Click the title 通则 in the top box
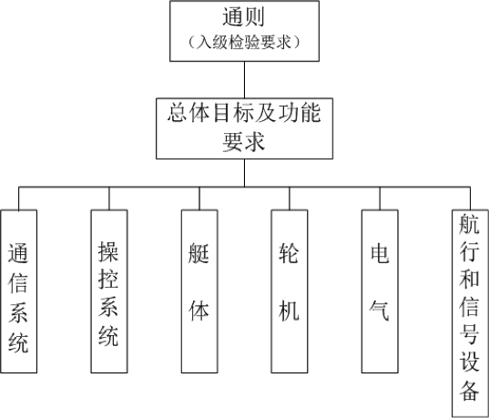(243, 16)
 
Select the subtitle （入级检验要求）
(244, 42)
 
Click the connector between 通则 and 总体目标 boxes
(244, 80)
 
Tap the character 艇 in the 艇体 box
(199, 252)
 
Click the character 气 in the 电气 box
(379, 311)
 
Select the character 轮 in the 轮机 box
(289, 252)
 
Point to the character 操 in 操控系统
(108, 251)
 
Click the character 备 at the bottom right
(469, 391)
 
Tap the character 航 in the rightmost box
(469, 224)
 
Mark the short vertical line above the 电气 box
(380, 199)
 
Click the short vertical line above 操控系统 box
(109, 199)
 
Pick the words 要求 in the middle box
(243, 142)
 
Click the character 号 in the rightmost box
(469, 335)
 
